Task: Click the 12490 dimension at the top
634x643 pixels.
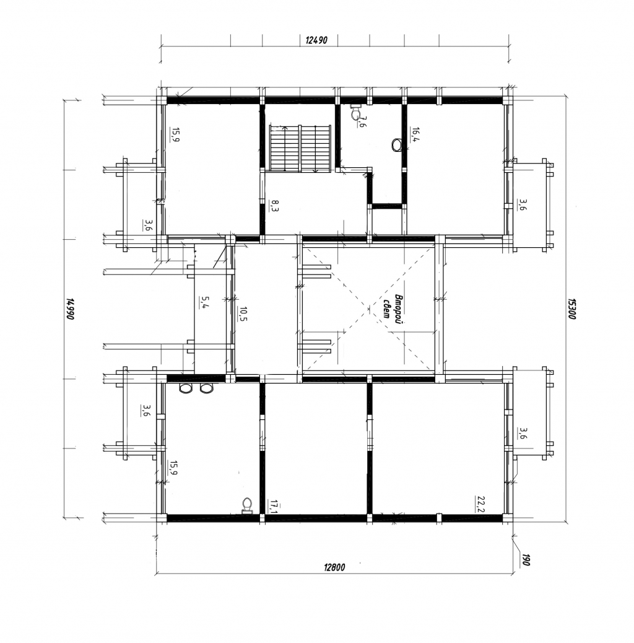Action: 316,40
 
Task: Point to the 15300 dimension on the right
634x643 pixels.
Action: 572,308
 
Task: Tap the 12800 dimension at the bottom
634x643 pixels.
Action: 334,567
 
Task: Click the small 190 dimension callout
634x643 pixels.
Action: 526,560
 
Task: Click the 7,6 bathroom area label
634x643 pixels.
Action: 362,122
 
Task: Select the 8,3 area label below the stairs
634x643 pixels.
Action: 274,205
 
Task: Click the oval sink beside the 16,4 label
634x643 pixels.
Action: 397,145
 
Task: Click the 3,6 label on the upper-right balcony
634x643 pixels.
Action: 522,204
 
